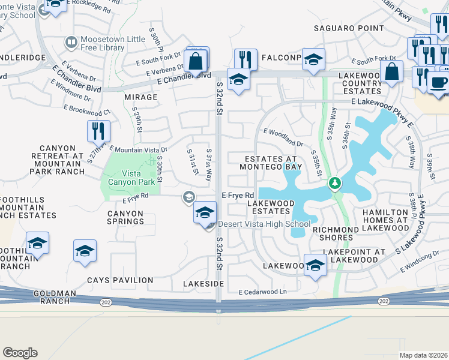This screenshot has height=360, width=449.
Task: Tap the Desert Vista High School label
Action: [x=264, y=224]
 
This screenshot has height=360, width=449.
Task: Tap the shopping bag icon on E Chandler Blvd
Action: [x=196, y=61]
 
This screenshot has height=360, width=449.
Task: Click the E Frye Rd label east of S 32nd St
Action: [x=238, y=196]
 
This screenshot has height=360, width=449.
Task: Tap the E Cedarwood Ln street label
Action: [x=263, y=292]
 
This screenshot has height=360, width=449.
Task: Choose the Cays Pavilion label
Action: [x=120, y=280]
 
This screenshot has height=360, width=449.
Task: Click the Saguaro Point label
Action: [x=349, y=28]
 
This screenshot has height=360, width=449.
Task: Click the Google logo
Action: [x=20, y=353]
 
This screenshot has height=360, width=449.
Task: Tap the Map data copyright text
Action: [x=423, y=355]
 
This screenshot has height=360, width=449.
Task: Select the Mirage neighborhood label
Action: [x=140, y=97]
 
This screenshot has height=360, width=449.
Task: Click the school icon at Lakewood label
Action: [x=315, y=265]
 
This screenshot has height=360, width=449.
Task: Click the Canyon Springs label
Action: [x=125, y=217]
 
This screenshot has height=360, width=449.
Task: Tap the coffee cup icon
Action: [x=437, y=82]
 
